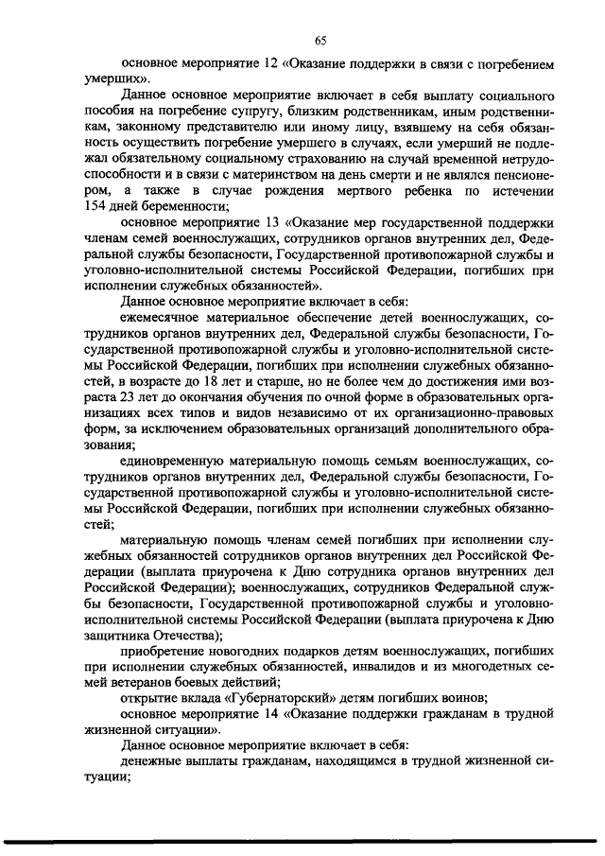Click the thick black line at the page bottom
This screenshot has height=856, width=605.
[x=302, y=840]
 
